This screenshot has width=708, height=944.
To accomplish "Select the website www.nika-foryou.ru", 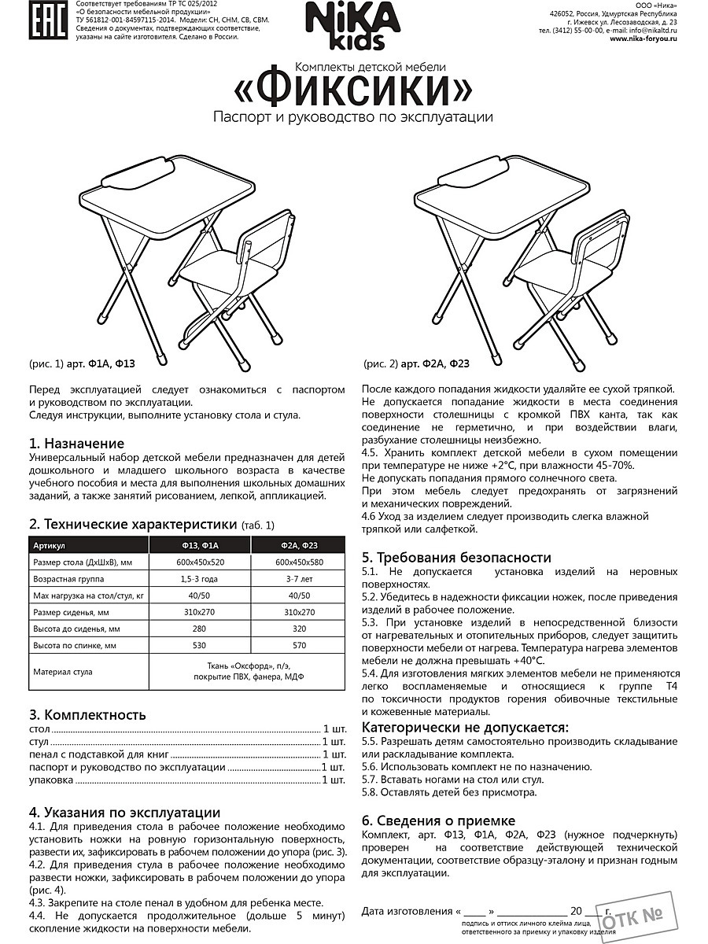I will (643, 39).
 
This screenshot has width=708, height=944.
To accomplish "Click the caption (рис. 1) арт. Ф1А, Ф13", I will (83, 363).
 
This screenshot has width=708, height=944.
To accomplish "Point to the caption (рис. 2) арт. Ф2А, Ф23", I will (417, 363).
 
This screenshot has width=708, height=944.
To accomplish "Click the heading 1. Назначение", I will (76, 444).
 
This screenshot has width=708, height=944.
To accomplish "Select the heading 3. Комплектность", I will (87, 714).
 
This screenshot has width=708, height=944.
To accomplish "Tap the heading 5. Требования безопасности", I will (456, 557).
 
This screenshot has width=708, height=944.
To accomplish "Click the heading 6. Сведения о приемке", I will (438, 820).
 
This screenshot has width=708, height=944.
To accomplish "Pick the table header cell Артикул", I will (48, 545).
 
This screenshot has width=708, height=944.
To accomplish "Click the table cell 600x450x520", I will (199, 563).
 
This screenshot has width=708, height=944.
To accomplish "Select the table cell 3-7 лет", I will (297, 581).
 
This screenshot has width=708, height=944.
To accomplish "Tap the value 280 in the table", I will (199, 629).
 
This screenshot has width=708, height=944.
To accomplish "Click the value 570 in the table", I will (297, 645).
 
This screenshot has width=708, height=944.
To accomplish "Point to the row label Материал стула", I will (62, 672).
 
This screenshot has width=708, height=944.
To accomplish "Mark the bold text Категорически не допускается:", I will (464, 728).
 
